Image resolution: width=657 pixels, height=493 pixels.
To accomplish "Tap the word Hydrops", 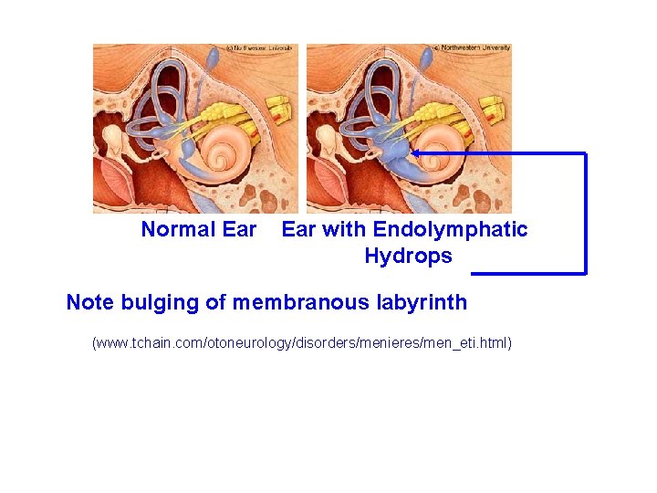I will point(408,257).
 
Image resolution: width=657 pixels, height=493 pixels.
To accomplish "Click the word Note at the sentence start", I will point(89,302).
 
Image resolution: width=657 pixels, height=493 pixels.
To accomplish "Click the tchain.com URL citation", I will point(302,343).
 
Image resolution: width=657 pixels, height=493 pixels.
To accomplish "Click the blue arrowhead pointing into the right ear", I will point(415,153).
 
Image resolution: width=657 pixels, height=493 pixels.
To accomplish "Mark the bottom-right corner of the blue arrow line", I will point(585,272).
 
